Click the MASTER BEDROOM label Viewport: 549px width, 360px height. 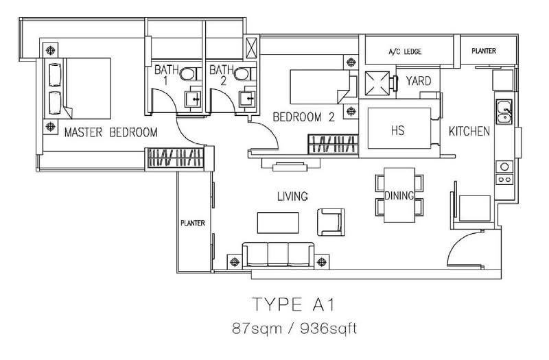point(110,132)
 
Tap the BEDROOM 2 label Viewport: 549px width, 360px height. point(303,117)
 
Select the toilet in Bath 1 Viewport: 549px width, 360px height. point(191,74)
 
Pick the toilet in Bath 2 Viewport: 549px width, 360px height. point(245,74)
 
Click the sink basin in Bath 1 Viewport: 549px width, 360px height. point(194,99)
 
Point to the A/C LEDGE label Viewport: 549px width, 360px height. point(405,52)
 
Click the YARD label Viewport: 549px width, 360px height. point(419,81)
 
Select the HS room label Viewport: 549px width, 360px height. point(398,130)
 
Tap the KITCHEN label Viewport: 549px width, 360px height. point(469,132)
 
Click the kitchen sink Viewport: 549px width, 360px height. point(504,111)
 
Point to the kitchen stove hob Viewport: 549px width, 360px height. point(504,173)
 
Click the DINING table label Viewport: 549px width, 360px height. point(399,195)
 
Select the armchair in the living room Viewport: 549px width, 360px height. point(331,222)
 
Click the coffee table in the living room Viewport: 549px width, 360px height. point(278,223)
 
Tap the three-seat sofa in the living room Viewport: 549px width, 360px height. point(279,254)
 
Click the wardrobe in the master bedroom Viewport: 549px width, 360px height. point(176,158)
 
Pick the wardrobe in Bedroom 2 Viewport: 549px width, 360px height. point(334,144)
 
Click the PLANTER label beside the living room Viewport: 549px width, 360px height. point(193,224)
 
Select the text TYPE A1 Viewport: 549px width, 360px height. point(294,304)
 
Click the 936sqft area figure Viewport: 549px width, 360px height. point(329,329)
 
